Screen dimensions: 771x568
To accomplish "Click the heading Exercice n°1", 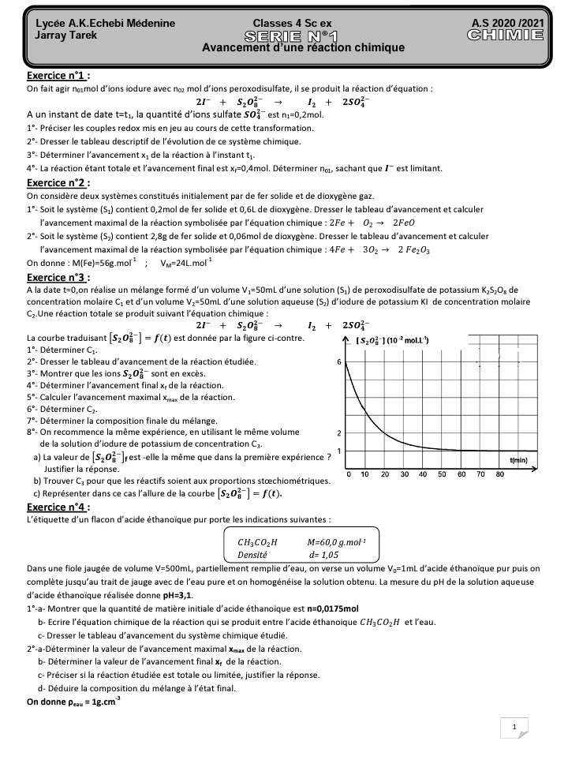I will point(58,76).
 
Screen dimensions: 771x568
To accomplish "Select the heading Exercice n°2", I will point(58,182).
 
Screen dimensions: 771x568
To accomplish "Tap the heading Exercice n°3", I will point(58,278).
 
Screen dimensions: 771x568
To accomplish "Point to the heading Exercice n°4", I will point(58,507).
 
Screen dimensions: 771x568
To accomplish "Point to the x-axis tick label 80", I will point(499,474).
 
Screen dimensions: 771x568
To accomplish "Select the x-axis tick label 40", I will point(423,474).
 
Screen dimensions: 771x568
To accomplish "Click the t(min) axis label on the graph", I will point(518,459).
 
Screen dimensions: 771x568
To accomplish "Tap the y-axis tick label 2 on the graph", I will point(338,434).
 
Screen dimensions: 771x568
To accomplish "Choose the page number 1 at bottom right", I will point(514,728).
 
